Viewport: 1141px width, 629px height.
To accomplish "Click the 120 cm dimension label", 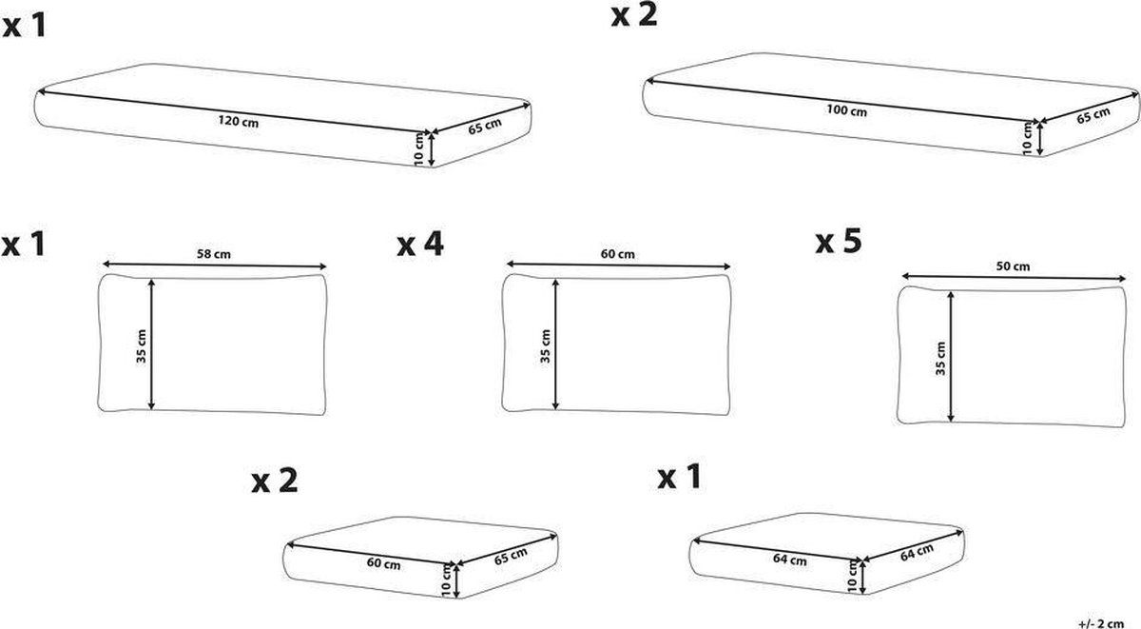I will (232, 122).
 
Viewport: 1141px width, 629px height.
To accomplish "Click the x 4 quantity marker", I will (419, 246).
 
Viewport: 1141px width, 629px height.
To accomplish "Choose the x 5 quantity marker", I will (838, 242).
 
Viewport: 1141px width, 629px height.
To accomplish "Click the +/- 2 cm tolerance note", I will (1104, 620).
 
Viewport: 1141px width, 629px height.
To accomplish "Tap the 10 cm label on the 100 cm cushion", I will (1026, 136).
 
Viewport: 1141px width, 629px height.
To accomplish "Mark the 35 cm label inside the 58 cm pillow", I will (141, 343).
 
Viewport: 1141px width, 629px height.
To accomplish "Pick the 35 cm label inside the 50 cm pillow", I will (939, 357).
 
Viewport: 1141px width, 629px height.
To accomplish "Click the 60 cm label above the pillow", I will (618, 254).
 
